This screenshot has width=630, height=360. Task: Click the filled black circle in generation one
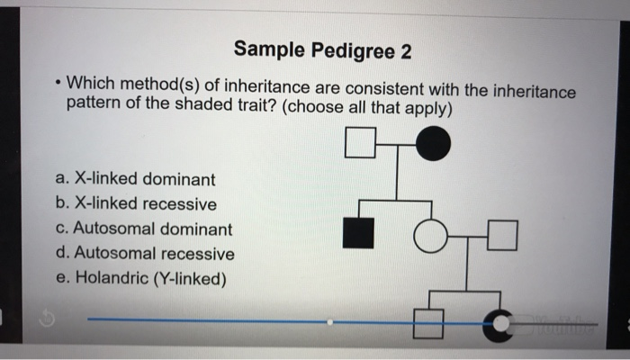click(433, 143)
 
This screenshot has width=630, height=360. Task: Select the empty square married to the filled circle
click(360, 142)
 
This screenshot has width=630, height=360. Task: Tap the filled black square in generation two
click(358, 233)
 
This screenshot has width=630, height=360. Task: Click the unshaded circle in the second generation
click(430, 236)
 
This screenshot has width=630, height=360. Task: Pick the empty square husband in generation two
click(502, 236)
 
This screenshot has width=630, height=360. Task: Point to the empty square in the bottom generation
click(428, 324)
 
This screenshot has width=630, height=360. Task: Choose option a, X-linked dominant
click(135, 179)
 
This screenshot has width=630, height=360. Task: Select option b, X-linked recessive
click(136, 203)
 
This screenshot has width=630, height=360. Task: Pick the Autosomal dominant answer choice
click(144, 229)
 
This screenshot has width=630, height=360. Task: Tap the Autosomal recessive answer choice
click(145, 254)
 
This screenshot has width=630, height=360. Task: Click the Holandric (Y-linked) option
click(141, 278)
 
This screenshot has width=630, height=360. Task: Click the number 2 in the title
click(406, 52)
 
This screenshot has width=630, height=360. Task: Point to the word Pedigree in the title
click(353, 52)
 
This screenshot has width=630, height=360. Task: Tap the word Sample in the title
click(269, 49)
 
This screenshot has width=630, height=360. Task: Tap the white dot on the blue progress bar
click(330, 322)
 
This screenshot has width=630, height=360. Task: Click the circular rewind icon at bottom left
click(47, 319)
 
